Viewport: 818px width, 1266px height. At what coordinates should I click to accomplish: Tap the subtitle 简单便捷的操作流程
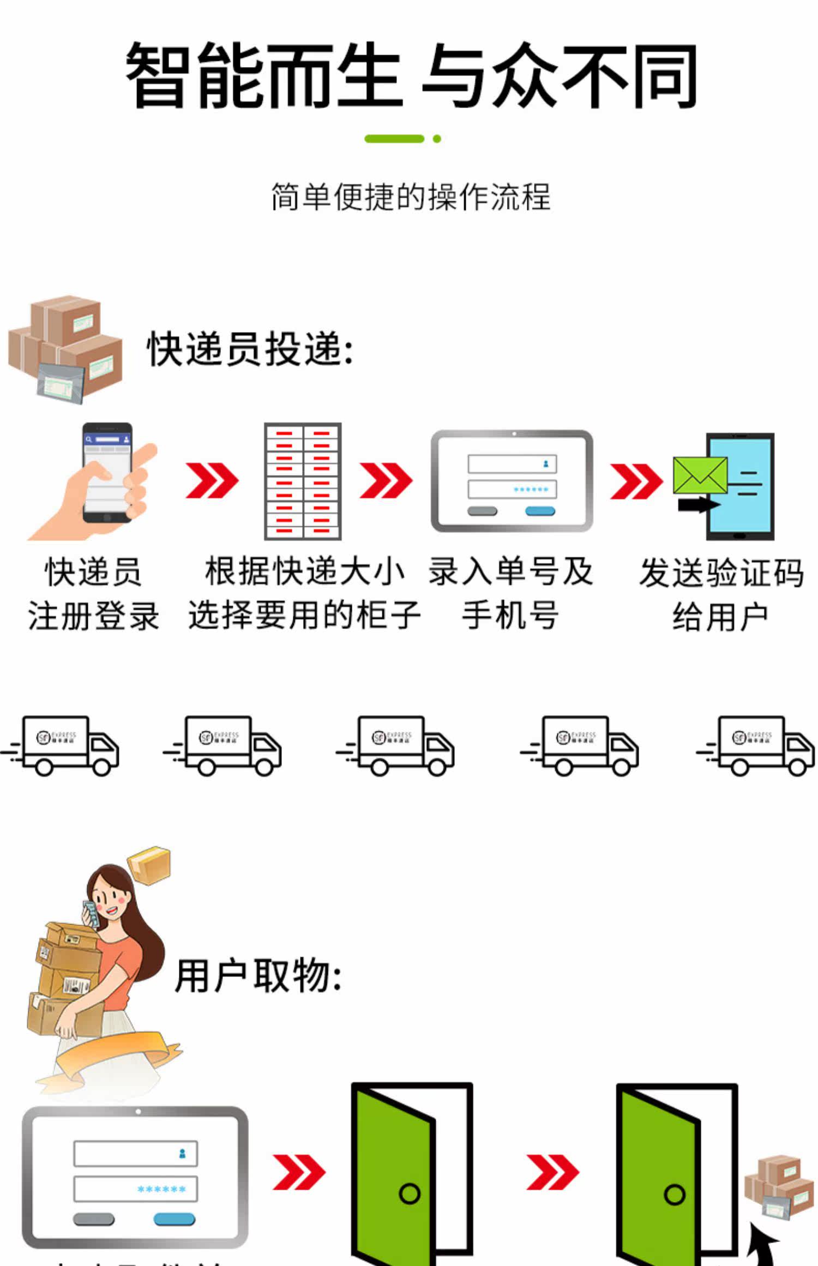coord(411,197)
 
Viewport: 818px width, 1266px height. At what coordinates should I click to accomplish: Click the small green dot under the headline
coord(437,139)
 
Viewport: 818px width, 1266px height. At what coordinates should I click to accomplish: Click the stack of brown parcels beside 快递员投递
coord(65,349)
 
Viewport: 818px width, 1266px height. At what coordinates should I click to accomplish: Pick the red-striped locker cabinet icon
coord(303,481)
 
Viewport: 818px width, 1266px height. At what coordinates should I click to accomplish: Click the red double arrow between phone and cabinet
coord(212,480)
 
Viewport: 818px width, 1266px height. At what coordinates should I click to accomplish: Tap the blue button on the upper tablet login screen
coord(540,511)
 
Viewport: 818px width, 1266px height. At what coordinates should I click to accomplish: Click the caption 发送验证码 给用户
coord(721,594)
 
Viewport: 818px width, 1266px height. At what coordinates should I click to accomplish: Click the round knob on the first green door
coord(410,1193)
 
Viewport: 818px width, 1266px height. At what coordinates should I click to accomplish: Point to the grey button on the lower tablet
coord(94,1219)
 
